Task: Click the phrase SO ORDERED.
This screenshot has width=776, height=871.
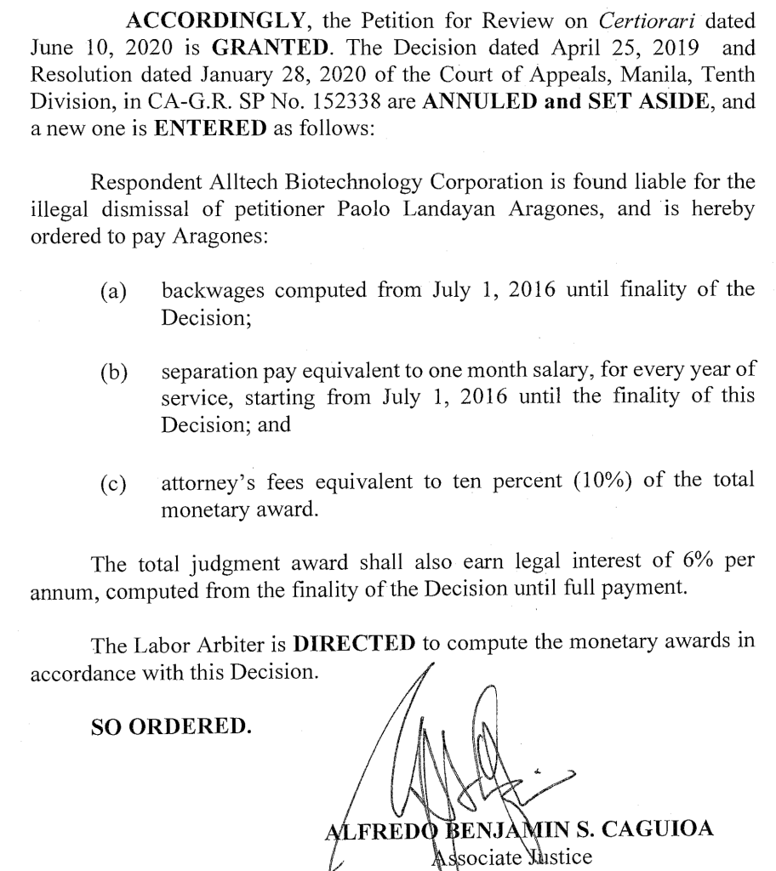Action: click(x=171, y=726)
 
